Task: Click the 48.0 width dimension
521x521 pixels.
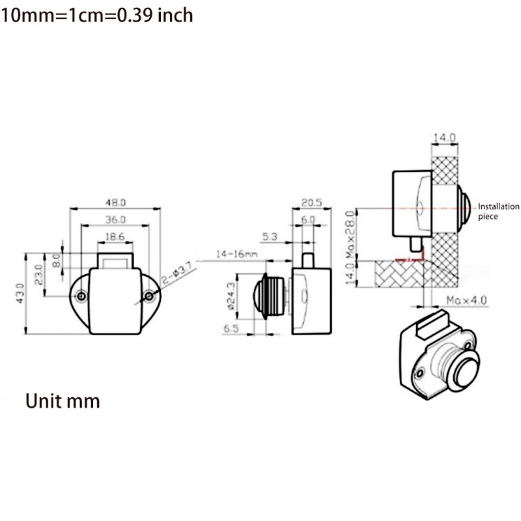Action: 115,202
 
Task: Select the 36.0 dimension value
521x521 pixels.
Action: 115,220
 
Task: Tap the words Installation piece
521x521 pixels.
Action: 498,211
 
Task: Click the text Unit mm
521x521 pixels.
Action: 63,400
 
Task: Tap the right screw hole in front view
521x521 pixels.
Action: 149,296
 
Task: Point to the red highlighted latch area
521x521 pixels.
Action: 412,257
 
